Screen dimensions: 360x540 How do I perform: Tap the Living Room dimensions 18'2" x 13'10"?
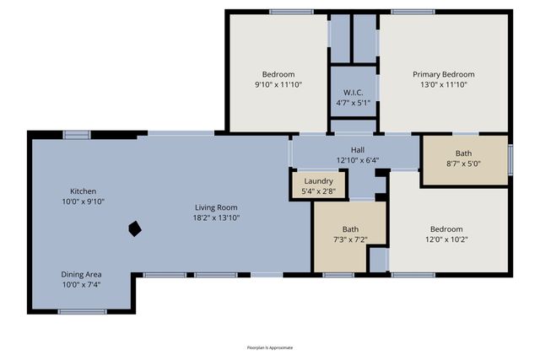tap(216, 218)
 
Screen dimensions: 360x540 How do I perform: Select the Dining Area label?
tap(82, 274)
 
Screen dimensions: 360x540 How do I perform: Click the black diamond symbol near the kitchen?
tap(134, 228)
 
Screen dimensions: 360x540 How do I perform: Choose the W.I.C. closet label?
tap(353, 92)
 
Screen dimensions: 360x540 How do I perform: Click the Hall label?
tap(358, 150)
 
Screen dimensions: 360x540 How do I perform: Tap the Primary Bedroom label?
tap(443, 74)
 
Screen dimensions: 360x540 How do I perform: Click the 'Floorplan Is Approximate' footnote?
tap(269, 347)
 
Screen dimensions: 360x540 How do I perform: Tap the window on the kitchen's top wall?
tap(78, 133)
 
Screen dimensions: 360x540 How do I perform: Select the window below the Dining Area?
tap(82, 312)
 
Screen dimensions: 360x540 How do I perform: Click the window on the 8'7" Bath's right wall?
tap(510, 159)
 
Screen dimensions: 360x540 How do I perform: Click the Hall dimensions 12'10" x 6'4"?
tap(358, 160)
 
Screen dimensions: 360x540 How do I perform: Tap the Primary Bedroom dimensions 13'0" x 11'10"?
tap(443, 84)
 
